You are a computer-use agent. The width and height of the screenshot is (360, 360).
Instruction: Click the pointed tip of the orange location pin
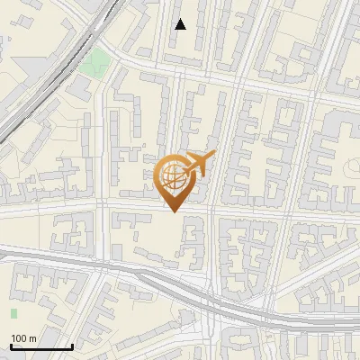[x=174, y=212]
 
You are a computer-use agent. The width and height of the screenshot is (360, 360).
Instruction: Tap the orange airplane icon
[x=198, y=164]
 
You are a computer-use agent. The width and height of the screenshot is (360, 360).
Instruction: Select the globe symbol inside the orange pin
[x=173, y=175]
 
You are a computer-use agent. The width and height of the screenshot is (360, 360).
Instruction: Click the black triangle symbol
[x=180, y=24]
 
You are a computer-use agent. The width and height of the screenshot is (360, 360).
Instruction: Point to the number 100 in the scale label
[x=18, y=338]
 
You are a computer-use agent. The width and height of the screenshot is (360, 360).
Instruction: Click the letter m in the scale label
[x=32, y=338]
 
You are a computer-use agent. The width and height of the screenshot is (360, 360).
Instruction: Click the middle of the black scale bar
[x=41, y=346]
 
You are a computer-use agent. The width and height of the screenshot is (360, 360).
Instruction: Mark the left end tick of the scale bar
[x=11, y=346]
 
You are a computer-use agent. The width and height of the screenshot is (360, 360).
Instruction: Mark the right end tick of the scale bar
[x=72, y=346]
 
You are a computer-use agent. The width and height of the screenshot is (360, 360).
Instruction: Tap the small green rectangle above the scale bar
[x=13, y=313]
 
